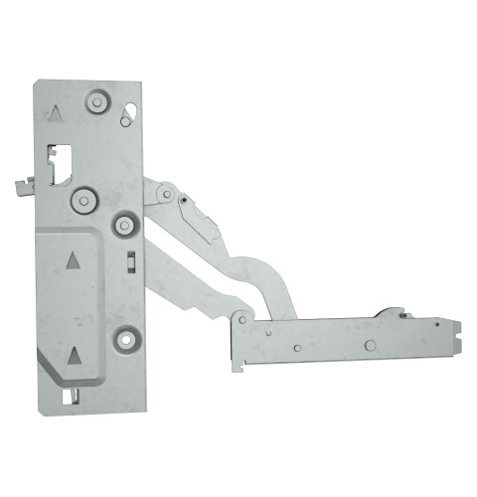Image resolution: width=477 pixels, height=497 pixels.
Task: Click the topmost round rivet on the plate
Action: tap(97, 101)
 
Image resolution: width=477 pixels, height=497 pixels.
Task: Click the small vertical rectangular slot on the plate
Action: tap(130, 261)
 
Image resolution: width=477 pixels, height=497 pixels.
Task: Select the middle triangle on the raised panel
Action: tap(73, 261)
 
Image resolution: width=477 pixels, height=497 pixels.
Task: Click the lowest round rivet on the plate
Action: tap(125, 338)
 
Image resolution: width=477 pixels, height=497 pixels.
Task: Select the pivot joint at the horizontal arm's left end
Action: tap(239, 321)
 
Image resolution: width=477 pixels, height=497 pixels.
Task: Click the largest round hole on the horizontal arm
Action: tap(370, 345)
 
